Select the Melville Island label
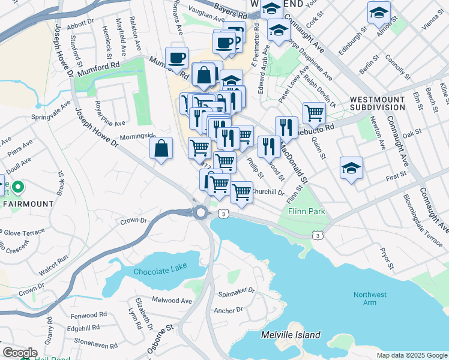click(x=291, y=335)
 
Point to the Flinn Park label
click(x=306, y=211)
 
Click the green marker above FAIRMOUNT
click(x=18, y=188)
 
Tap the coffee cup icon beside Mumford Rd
click(x=177, y=58)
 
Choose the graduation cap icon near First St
click(x=351, y=168)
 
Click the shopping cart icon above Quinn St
click(x=314, y=112)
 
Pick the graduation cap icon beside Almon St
click(x=379, y=12)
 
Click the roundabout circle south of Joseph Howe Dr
click(x=200, y=212)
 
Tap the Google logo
click(x=20, y=353)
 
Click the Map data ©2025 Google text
click(x=411, y=355)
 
